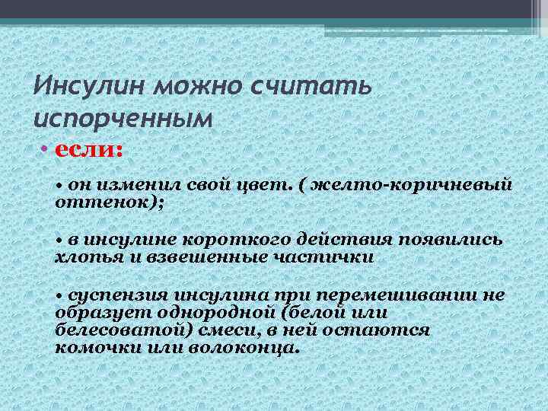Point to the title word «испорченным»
point(121,119)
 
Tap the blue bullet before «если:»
point(44,149)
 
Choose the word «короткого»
point(221,241)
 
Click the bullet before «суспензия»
point(60,296)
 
